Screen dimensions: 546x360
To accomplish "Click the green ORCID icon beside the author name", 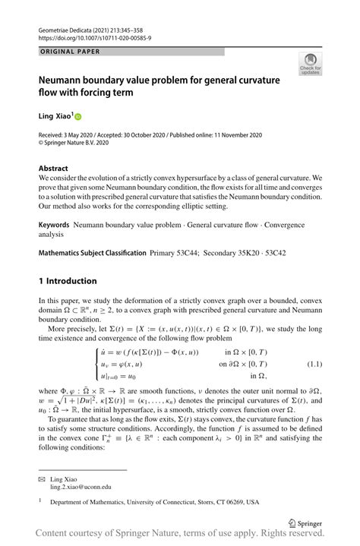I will [77, 116].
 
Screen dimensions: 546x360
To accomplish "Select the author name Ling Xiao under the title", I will [55, 116].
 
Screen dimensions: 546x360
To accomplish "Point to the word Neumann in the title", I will [65, 80].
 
